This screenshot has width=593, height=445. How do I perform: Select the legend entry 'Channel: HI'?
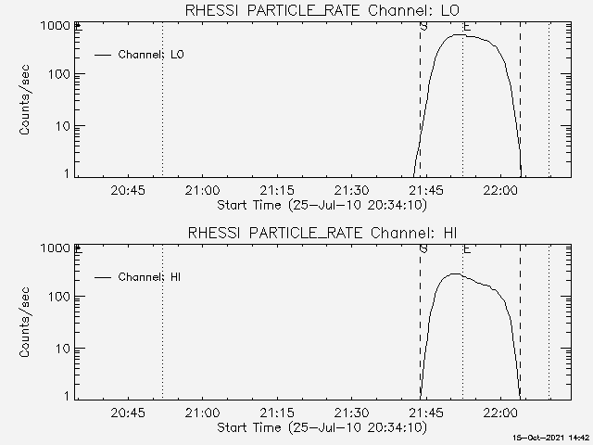(150, 277)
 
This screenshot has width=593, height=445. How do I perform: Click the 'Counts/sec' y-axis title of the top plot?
(27, 100)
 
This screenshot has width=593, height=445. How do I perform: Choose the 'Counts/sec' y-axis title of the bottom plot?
(27, 322)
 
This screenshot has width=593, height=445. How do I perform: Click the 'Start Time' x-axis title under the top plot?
(320, 205)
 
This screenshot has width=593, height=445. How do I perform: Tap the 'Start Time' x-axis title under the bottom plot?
(320, 427)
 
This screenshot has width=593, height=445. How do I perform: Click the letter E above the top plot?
(467, 27)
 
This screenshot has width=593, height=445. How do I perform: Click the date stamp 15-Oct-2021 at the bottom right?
(553, 437)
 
